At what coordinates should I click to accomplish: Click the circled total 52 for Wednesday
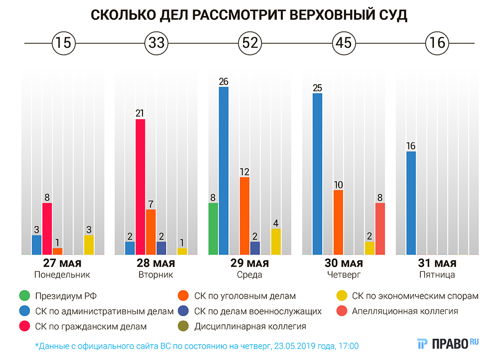click(250, 43)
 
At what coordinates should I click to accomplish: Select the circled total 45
click(344, 43)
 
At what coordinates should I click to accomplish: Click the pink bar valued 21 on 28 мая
click(140, 187)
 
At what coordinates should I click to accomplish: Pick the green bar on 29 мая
click(213, 229)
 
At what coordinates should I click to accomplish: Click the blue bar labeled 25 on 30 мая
click(317, 174)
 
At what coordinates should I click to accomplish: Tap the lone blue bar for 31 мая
click(411, 203)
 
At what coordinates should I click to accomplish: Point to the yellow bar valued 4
click(276, 241)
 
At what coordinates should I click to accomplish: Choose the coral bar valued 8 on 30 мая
click(380, 229)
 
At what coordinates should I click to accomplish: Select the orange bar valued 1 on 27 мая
click(57, 251)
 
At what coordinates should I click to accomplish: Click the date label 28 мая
click(156, 263)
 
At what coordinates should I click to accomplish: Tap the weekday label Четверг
click(344, 274)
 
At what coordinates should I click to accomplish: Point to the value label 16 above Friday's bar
click(411, 146)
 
